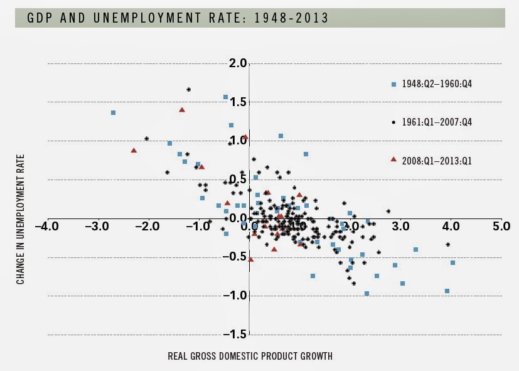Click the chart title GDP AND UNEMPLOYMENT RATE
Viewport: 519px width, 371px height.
(x=178, y=18)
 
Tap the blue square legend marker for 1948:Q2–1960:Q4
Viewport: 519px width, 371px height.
(x=394, y=84)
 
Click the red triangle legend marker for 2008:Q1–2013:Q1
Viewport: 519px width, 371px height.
(x=393, y=160)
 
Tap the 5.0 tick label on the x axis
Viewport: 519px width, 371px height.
(x=501, y=225)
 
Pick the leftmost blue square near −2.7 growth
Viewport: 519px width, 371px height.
(x=113, y=113)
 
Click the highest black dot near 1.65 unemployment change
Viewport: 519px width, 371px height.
(x=188, y=90)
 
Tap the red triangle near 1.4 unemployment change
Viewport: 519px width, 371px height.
(x=182, y=110)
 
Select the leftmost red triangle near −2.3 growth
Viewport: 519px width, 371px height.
(x=134, y=151)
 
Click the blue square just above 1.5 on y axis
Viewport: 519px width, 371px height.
(x=225, y=97)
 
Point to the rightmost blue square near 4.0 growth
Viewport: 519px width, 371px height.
(x=452, y=263)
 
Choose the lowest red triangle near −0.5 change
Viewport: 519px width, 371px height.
(x=250, y=259)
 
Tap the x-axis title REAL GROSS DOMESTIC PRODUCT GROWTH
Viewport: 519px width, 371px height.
(x=250, y=356)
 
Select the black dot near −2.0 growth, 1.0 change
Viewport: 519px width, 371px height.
(x=146, y=139)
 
